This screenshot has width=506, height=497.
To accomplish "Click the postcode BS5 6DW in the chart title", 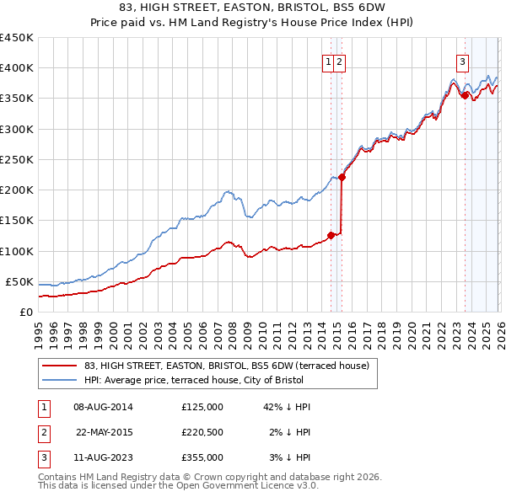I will pos(354,8).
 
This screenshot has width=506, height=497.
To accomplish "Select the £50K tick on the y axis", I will pos(19,281).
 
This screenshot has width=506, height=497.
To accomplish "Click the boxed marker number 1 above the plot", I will pos(327,61).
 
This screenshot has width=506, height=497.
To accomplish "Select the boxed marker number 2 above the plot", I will pos(339,61).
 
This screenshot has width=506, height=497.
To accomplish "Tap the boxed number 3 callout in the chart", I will pos(463,61).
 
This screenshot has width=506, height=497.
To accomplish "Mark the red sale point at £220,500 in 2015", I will pos(342,177).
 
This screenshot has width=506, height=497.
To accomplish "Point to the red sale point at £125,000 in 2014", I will pos(331,236).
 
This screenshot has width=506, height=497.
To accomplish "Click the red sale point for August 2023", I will pos(465,95).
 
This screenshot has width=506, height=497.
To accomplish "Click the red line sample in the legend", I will pos(59,366).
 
